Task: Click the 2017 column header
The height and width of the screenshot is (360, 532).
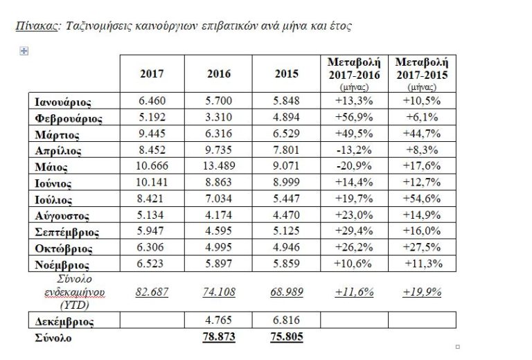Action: (152, 73)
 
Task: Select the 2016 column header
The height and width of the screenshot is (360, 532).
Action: (219, 73)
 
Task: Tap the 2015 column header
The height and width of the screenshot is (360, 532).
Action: (286, 73)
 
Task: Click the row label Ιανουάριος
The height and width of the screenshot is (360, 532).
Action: (63, 101)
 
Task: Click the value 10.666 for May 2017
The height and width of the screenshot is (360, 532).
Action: (152, 165)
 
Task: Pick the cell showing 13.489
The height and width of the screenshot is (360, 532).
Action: (219, 165)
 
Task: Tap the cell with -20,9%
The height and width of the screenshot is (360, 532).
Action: (355, 165)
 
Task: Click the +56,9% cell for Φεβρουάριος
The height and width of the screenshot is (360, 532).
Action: (355, 117)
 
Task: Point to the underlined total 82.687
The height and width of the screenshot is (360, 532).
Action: (152, 292)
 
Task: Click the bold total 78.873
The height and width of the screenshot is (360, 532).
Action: (219, 338)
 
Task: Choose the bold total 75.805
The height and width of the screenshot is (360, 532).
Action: (286, 338)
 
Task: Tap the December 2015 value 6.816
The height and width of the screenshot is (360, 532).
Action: (286, 321)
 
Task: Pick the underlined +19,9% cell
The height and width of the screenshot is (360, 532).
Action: (421, 292)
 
